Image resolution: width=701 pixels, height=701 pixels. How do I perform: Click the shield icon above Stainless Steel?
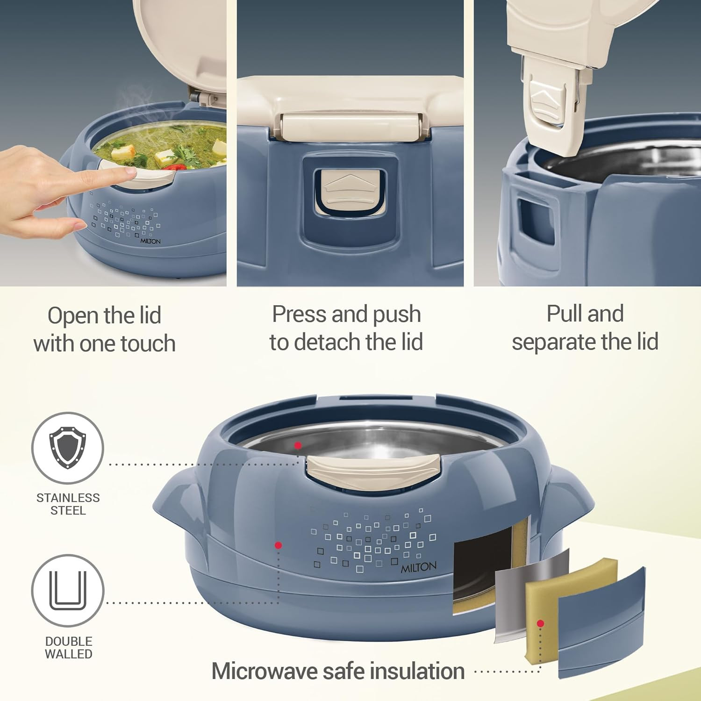(x=68, y=447)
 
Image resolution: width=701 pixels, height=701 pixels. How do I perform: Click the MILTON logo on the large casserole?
(x=419, y=567)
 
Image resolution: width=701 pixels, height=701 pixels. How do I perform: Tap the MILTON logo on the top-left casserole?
(x=150, y=241)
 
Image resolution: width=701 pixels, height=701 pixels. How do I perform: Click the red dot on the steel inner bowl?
(x=298, y=445)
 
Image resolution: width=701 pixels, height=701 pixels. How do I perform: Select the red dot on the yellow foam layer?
(x=541, y=623)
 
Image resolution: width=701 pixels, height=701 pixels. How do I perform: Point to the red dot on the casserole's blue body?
(x=278, y=545)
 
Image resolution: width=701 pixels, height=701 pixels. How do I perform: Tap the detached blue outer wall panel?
(x=602, y=622)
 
